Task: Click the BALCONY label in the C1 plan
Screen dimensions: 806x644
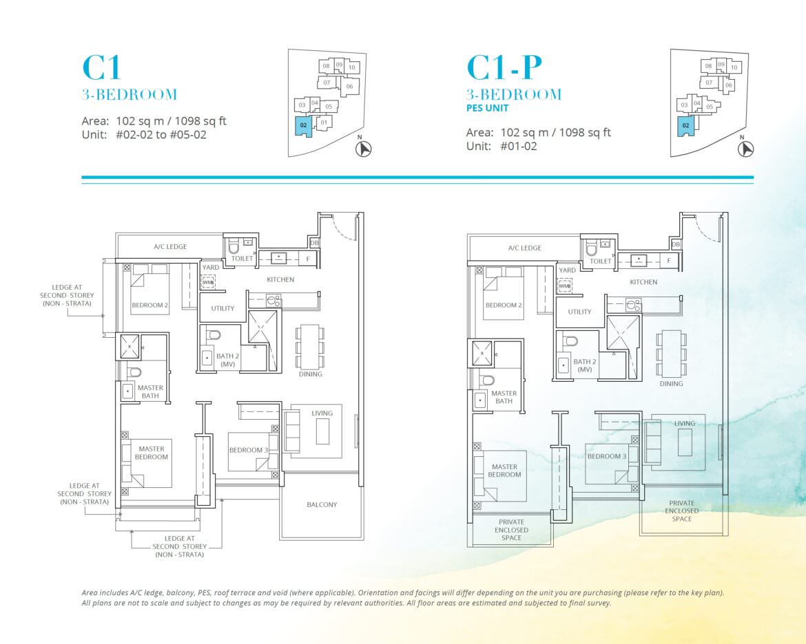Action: tap(322, 505)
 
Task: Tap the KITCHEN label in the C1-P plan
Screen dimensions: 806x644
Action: tap(643, 282)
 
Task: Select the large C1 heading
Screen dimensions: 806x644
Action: tap(102, 67)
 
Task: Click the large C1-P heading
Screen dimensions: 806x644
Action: tap(504, 67)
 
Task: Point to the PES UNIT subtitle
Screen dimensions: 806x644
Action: tap(487, 108)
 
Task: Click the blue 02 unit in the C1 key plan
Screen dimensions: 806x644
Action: tap(304, 126)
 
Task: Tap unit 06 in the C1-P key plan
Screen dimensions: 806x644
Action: tap(728, 85)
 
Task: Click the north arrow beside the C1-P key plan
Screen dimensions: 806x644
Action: tap(745, 149)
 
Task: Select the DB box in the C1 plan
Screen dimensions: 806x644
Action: tap(314, 243)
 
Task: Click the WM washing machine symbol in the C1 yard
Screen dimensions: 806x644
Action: tap(207, 283)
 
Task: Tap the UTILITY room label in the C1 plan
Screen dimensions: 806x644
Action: tap(223, 309)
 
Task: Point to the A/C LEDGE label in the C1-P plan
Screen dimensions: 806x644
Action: tap(524, 248)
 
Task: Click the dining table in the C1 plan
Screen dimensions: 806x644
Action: tap(310, 346)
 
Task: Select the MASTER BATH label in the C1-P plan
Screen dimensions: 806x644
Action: tap(504, 397)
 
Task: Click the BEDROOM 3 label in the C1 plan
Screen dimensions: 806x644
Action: tap(249, 451)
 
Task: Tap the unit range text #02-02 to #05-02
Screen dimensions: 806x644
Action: tap(161, 135)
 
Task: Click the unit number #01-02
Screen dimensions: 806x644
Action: tap(519, 147)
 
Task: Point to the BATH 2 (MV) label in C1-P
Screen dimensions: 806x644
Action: tap(585, 365)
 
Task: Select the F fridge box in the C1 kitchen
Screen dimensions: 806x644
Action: tap(308, 259)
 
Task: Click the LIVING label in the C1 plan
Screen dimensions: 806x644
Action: tap(322, 414)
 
